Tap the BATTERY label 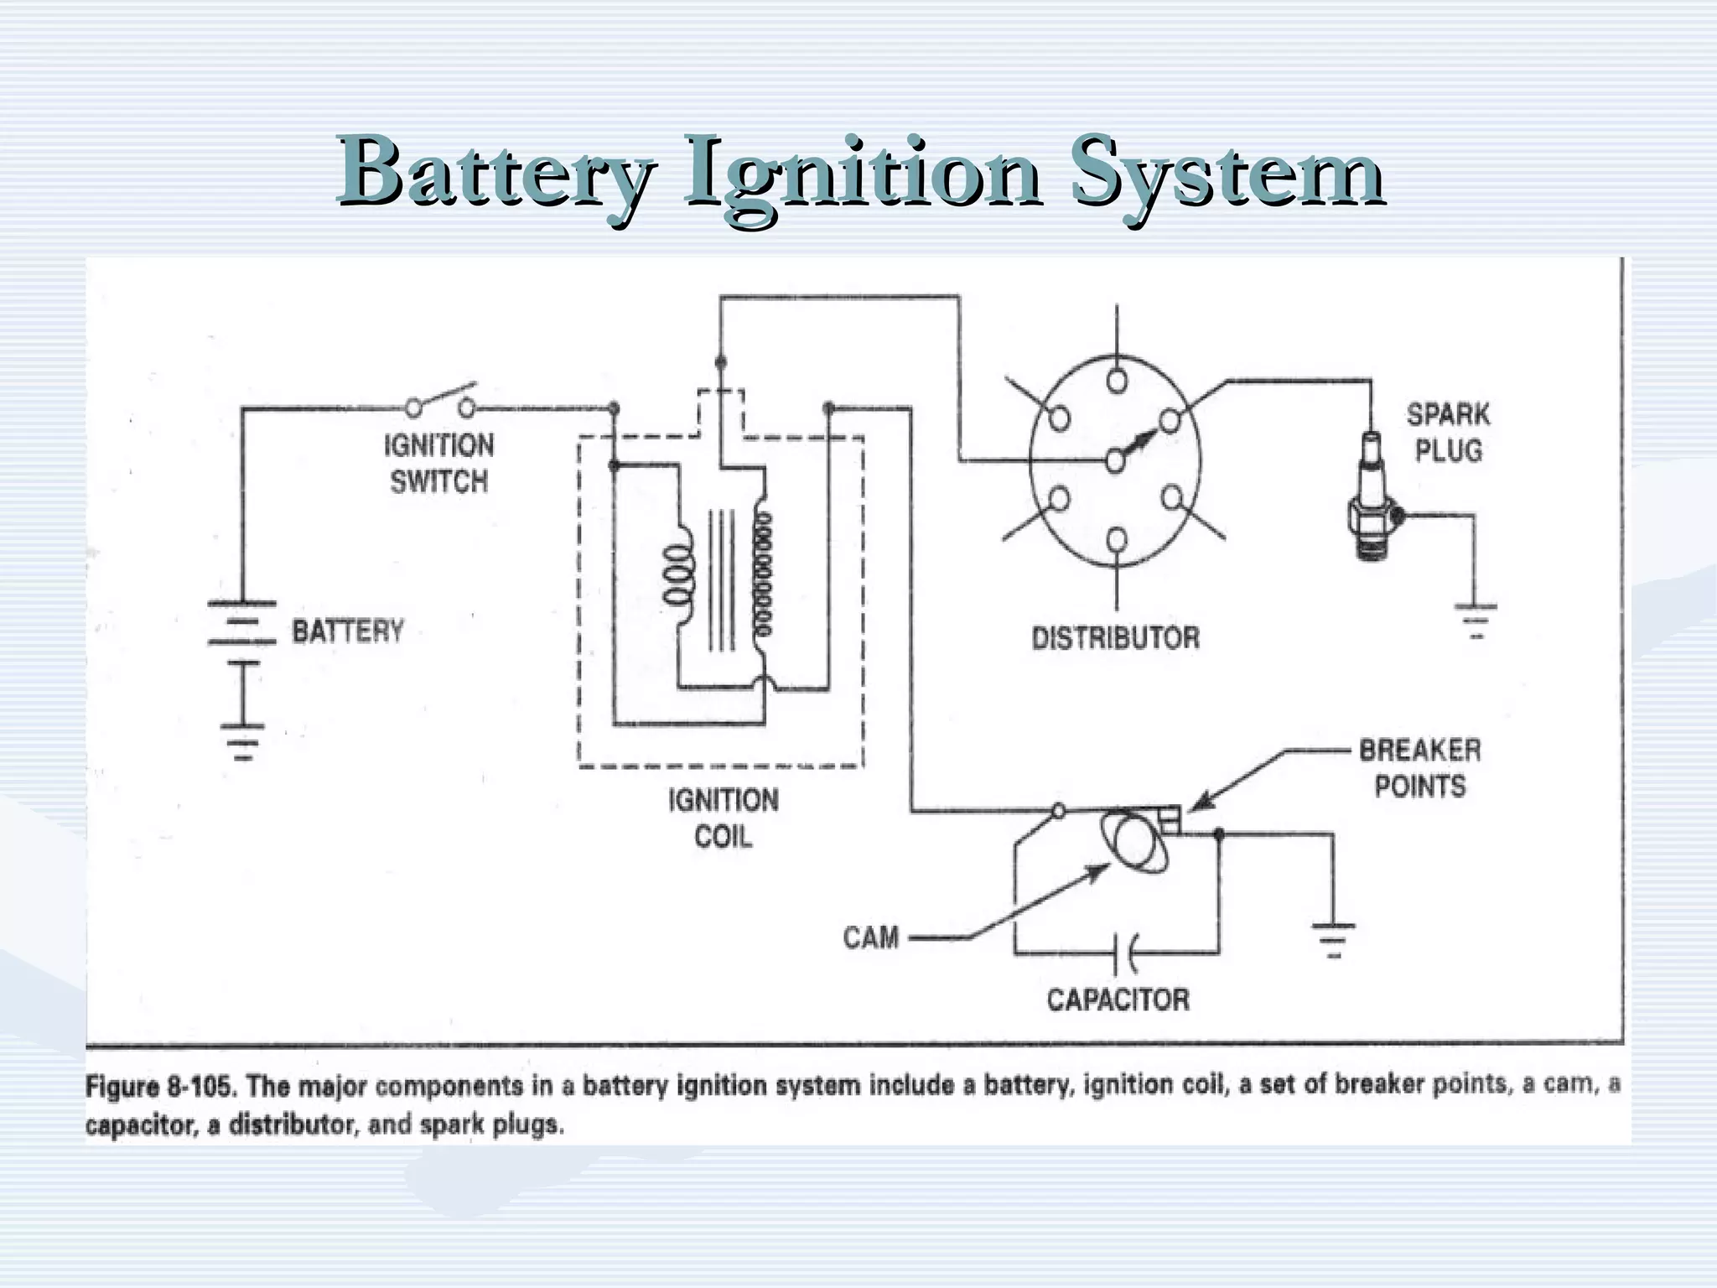[347, 631]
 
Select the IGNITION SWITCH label [438, 463]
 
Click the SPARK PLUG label [1448, 433]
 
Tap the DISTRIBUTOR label [1115, 638]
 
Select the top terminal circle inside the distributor [1117, 381]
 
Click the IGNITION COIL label [723, 818]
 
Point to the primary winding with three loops [678, 574]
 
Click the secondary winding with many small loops [763, 574]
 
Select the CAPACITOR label [1118, 1000]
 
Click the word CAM [870, 937]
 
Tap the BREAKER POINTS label [1419, 768]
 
